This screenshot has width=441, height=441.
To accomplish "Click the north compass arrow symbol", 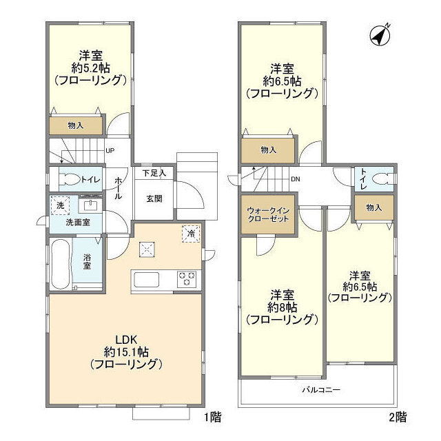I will click(378, 34).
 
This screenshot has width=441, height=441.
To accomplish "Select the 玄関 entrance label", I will click(154, 198).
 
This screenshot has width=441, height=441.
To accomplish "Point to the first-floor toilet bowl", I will click(70, 180).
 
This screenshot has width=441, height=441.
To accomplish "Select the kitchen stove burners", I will click(187, 280).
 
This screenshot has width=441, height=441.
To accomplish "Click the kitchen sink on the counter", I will click(146, 280).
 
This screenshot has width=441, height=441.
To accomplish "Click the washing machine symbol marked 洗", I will click(61, 206).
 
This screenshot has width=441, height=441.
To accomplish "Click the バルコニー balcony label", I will click(321, 390).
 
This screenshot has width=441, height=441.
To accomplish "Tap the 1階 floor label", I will click(212, 416).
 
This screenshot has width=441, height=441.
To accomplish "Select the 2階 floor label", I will click(397, 416).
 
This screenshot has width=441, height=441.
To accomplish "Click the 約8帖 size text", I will click(283, 306).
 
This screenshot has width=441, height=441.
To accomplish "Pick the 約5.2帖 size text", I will click(90, 67).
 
